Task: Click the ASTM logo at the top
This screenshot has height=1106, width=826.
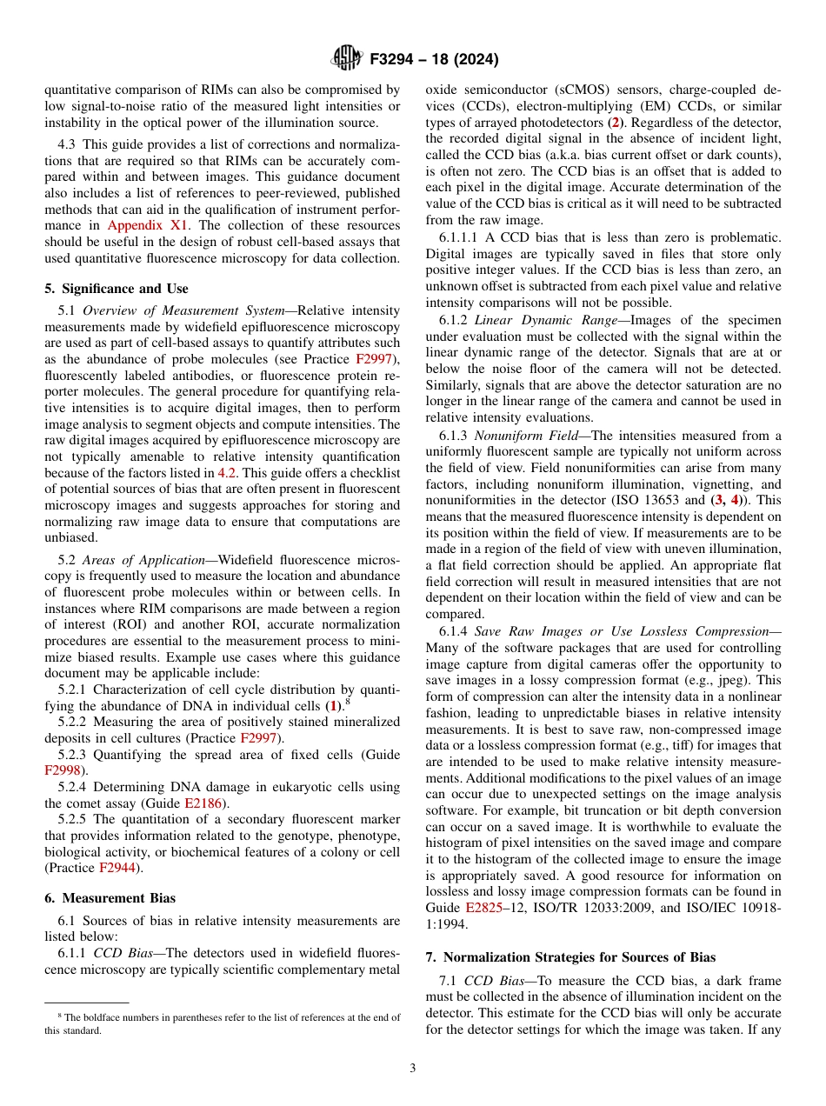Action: coord(346,58)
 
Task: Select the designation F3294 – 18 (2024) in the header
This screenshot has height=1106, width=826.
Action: coord(433,59)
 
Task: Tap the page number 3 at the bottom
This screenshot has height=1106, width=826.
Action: coord(413,1068)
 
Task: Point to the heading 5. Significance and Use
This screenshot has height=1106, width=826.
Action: coord(117,289)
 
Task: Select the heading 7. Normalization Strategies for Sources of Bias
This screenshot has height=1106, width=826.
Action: coord(570,956)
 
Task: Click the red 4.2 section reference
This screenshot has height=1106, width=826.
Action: coord(226,472)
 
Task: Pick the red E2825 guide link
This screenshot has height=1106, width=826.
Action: coord(483,907)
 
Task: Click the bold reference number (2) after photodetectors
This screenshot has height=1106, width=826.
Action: coord(614,122)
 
